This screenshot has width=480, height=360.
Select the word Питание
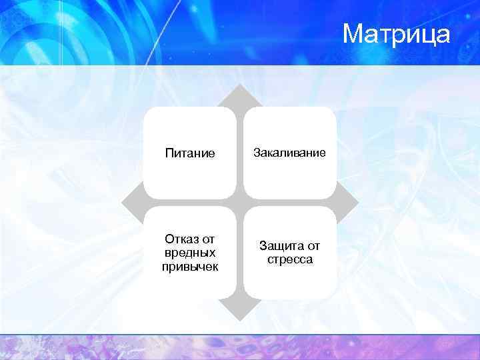click(190, 153)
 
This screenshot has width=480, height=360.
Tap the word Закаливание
click(289, 153)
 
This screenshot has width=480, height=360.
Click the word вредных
click(190, 253)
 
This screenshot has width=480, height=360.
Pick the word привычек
click(190, 267)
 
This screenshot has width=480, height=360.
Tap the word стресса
click(290, 259)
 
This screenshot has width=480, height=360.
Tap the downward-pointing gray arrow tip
click(240, 313)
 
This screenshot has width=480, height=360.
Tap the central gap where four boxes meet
click(240, 202)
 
